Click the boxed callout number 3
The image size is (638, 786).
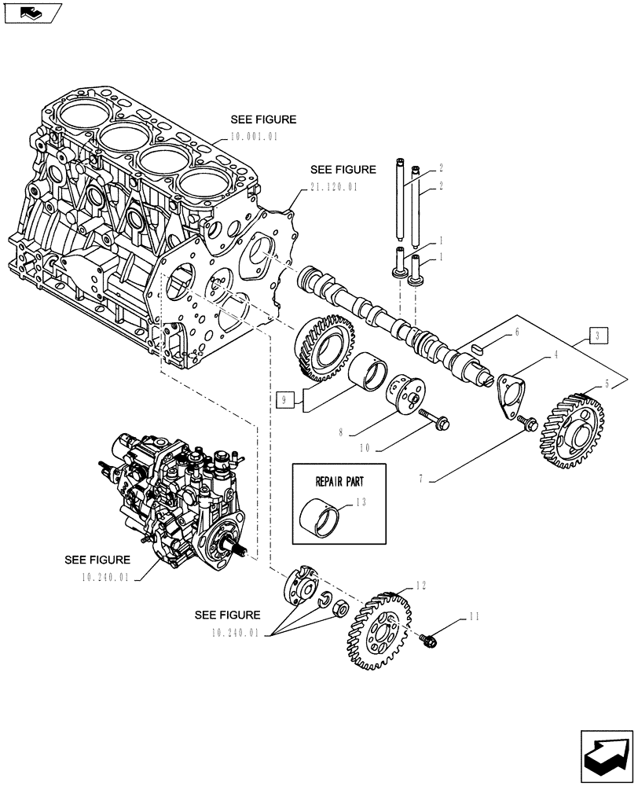coord(598,336)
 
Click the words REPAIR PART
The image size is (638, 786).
coord(340,477)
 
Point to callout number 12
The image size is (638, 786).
coord(421,585)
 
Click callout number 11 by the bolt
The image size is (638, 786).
coord(473,617)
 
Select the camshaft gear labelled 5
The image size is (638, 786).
coord(572,430)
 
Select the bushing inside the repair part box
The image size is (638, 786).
coord(322,517)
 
